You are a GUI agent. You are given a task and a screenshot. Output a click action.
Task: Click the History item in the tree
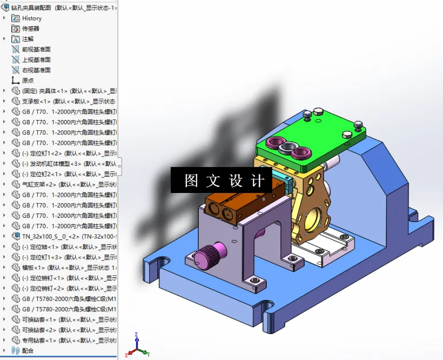(x=31, y=18)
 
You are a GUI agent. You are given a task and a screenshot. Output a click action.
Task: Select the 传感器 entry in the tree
(x=30, y=29)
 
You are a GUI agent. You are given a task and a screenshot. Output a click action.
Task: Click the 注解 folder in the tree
(x=28, y=39)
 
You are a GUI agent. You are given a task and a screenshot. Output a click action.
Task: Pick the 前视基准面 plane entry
(x=36, y=49)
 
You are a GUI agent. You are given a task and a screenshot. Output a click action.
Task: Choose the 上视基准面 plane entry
(x=36, y=59)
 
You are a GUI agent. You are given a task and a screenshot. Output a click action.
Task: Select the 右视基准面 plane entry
(x=36, y=70)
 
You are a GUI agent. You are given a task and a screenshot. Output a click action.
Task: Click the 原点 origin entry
(x=28, y=81)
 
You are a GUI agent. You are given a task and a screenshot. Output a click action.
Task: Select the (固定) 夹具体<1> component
(x=65, y=91)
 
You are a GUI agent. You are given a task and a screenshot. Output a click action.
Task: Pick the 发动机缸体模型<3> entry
(x=65, y=164)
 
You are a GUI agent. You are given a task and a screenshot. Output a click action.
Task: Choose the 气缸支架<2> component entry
(x=65, y=184)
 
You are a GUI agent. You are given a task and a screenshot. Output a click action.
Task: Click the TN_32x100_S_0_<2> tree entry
(x=65, y=236)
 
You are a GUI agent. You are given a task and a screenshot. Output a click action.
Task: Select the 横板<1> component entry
(x=65, y=268)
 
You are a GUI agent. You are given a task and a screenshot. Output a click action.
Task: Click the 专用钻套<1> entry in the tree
(x=65, y=341)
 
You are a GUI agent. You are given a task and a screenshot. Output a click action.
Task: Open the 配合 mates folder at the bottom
(x=28, y=351)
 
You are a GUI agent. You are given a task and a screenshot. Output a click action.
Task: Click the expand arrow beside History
(x=4, y=18)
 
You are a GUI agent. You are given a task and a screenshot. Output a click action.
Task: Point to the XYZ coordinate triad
(x=136, y=346)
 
